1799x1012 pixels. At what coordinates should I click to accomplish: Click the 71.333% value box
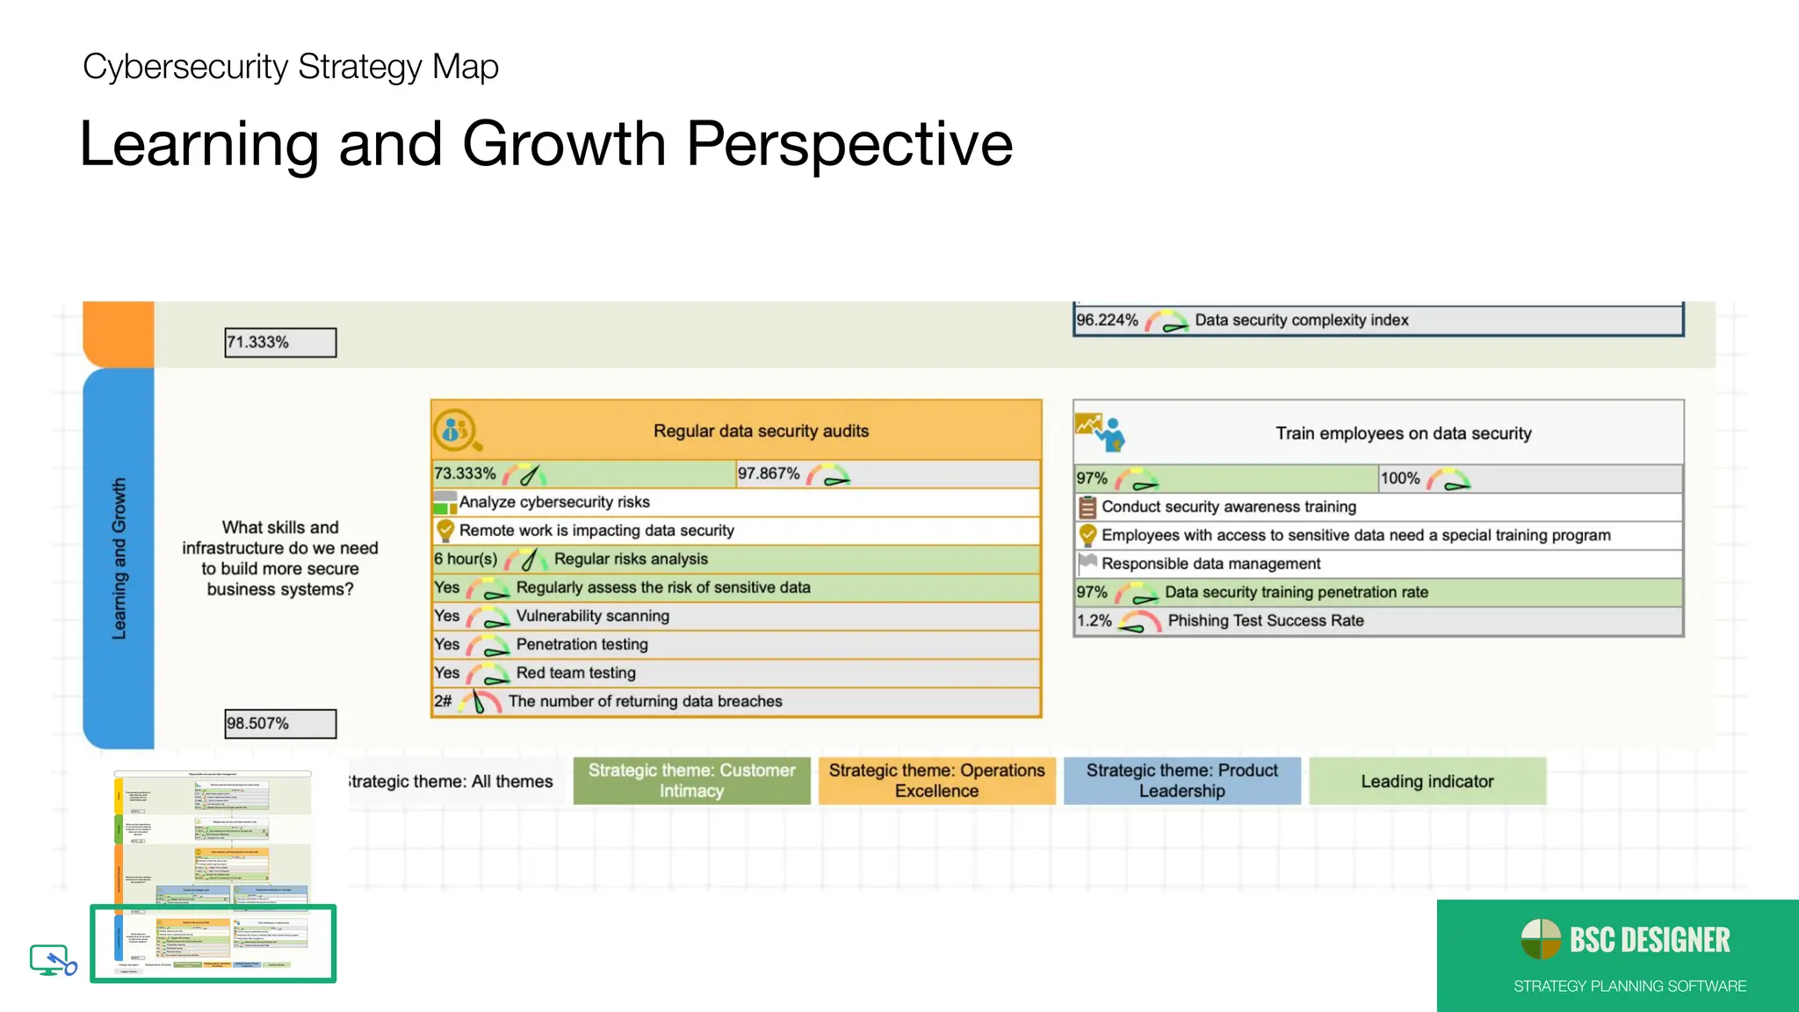pos(279,343)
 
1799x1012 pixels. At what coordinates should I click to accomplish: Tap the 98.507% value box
pos(279,724)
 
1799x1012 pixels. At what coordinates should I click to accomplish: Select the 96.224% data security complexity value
pos(1107,321)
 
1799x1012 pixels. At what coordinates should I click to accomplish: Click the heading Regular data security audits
pos(761,431)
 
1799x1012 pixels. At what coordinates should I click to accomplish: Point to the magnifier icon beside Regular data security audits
pos(457,431)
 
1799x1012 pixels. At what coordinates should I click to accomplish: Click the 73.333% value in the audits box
pos(465,474)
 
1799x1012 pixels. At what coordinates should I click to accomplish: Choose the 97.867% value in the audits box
pos(769,474)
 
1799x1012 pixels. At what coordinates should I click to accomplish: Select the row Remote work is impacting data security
pos(596,531)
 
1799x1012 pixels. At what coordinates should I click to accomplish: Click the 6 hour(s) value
pos(466,560)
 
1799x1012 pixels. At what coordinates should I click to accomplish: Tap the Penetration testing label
pos(582,645)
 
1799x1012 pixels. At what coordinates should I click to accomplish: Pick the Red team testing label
pos(575,673)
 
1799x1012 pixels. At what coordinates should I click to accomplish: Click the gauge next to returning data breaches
pos(480,701)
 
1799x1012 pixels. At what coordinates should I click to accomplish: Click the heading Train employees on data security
pos(1403,434)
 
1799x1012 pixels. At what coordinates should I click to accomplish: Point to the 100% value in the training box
pos(1400,479)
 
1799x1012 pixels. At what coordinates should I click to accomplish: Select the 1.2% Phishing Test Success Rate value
pos(1095,621)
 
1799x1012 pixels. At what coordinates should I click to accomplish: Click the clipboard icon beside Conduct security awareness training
pos(1087,507)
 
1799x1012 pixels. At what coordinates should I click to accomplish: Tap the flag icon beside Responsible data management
pos(1087,563)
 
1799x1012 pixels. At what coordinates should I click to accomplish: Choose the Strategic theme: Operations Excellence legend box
pos(936,781)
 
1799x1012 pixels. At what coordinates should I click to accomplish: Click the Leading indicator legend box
pos(1427,782)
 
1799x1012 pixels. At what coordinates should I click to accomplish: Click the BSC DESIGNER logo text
pos(1649,941)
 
